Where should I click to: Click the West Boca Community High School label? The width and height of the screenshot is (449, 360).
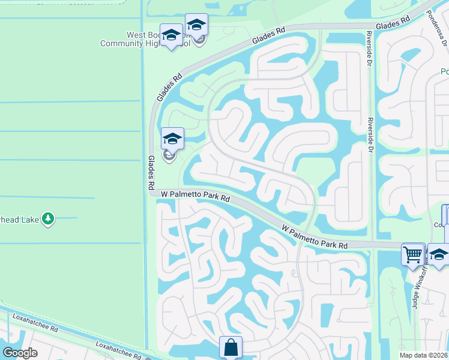click(144, 39)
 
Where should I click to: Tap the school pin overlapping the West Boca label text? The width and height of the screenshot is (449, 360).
click(172, 35)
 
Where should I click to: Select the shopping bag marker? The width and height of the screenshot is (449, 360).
click(231, 347)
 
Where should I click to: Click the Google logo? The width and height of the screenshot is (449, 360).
click(20, 353)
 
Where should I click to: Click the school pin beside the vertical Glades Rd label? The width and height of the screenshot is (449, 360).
click(172, 139)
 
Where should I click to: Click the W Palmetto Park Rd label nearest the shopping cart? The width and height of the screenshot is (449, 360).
click(315, 236)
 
